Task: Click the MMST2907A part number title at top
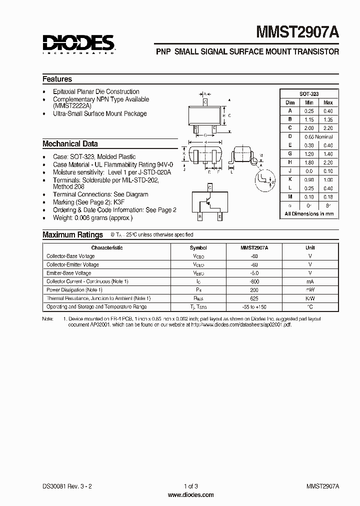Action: click(297, 33)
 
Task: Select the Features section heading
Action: click(57, 79)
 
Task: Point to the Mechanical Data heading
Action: click(70, 144)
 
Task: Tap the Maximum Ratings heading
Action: click(72, 234)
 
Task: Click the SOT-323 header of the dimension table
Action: click(309, 94)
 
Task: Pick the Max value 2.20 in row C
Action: click(327, 127)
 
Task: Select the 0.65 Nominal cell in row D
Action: click(318, 136)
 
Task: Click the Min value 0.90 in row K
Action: click(309, 179)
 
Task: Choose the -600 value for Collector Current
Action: click(254, 281)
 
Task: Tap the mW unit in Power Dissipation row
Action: click(310, 290)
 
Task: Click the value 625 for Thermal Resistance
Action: click(254, 298)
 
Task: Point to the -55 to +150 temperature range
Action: click(254, 307)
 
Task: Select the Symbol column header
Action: click(198, 247)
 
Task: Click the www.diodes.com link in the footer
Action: click(191, 495)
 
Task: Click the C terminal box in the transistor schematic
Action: click(209, 187)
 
